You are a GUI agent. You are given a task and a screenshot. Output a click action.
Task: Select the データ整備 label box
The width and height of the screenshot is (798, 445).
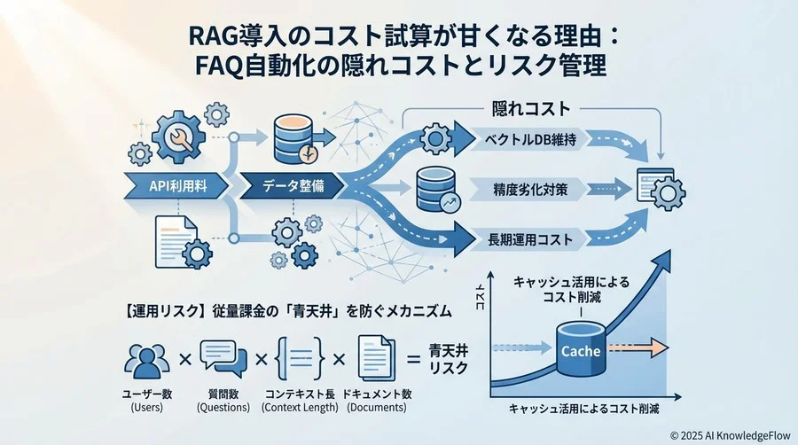[x=286, y=187]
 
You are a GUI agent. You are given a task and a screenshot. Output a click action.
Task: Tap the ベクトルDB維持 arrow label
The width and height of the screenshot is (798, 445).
[x=531, y=140]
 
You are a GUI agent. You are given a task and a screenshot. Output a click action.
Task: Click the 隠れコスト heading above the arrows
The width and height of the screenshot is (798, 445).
[x=529, y=110]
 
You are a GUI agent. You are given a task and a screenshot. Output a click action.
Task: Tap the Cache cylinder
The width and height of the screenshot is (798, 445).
[x=581, y=349]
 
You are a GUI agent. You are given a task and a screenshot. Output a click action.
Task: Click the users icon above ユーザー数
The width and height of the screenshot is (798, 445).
[x=147, y=359]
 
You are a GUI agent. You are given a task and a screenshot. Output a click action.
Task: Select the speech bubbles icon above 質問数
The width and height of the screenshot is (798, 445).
[x=223, y=358]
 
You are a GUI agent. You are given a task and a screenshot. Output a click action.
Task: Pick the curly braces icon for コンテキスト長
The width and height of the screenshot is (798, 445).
[x=299, y=358]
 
